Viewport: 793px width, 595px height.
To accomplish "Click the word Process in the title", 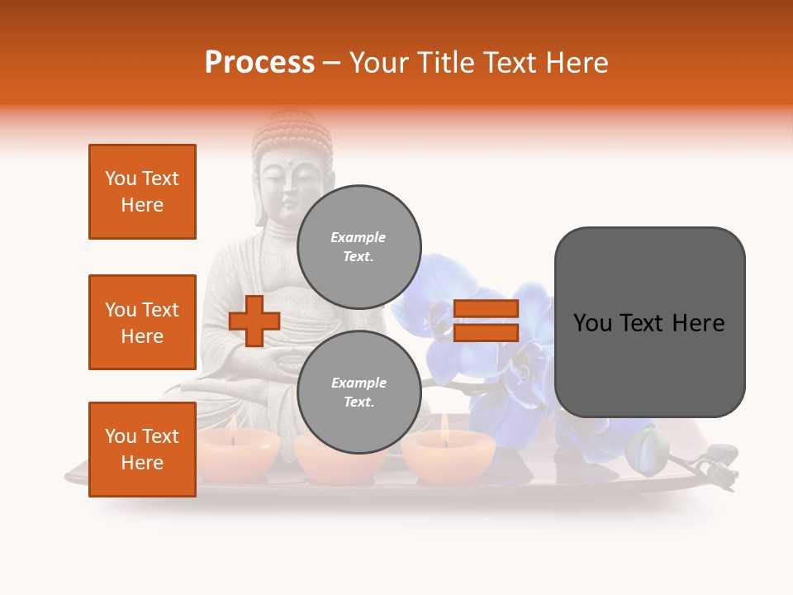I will (x=259, y=63).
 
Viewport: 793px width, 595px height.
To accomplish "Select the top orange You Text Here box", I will (x=142, y=192).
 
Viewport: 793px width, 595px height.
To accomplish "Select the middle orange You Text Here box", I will (x=142, y=322).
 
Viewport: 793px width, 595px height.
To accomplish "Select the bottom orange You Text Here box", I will (x=142, y=450).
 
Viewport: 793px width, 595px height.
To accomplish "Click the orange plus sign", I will (x=254, y=321).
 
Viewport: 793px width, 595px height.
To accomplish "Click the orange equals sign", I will (x=486, y=321).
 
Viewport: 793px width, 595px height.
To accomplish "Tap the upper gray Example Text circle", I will (x=359, y=246).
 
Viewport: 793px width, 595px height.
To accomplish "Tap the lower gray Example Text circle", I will (x=359, y=392).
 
